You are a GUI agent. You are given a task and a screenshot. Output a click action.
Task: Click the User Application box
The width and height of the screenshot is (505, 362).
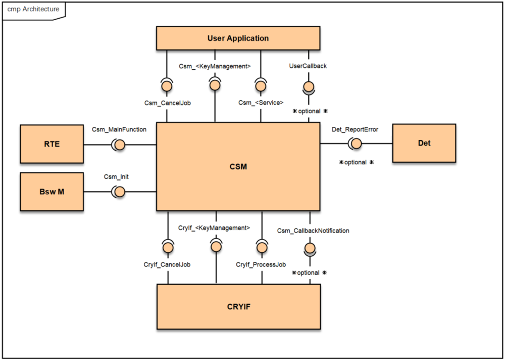pos(238,38)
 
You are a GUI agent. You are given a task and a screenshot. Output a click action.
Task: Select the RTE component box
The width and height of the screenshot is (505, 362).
pos(52,144)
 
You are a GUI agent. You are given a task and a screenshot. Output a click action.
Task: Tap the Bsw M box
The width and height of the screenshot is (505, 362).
pos(52,192)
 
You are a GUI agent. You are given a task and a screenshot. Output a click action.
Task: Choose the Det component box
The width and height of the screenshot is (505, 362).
pos(424,143)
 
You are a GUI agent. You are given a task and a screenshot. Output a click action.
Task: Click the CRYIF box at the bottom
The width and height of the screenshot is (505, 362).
pos(238,306)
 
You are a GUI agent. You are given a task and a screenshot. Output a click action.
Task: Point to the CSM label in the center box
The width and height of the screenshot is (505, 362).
pos(238,166)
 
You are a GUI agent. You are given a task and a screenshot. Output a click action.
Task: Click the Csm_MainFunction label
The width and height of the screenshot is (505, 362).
pos(119,129)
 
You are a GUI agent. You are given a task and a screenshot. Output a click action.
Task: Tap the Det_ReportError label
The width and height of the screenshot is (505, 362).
pos(355,129)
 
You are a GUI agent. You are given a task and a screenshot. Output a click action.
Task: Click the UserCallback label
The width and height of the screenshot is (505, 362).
pos(308,66)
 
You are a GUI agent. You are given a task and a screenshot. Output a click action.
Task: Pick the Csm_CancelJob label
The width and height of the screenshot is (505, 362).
pos(167,103)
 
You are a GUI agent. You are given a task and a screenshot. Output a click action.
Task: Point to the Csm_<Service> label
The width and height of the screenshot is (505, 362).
pos(261,103)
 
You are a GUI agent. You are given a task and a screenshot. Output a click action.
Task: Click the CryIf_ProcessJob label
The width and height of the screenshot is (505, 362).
pos(261,264)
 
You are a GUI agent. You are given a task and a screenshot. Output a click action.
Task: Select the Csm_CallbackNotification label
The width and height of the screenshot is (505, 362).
pos(313,231)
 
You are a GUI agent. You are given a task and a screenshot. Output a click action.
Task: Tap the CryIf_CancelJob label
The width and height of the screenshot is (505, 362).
pos(167,264)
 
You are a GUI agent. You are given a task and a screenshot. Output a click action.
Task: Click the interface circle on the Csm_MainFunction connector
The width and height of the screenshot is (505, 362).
pos(120,144)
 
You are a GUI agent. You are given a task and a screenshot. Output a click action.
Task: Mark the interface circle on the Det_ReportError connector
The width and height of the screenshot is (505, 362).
pos(356,144)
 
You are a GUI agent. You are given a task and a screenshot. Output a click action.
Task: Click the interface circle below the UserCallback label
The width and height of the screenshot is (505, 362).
pos(308,86)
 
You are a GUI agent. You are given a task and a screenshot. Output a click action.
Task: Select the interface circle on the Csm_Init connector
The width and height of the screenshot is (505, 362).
pos(120,192)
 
